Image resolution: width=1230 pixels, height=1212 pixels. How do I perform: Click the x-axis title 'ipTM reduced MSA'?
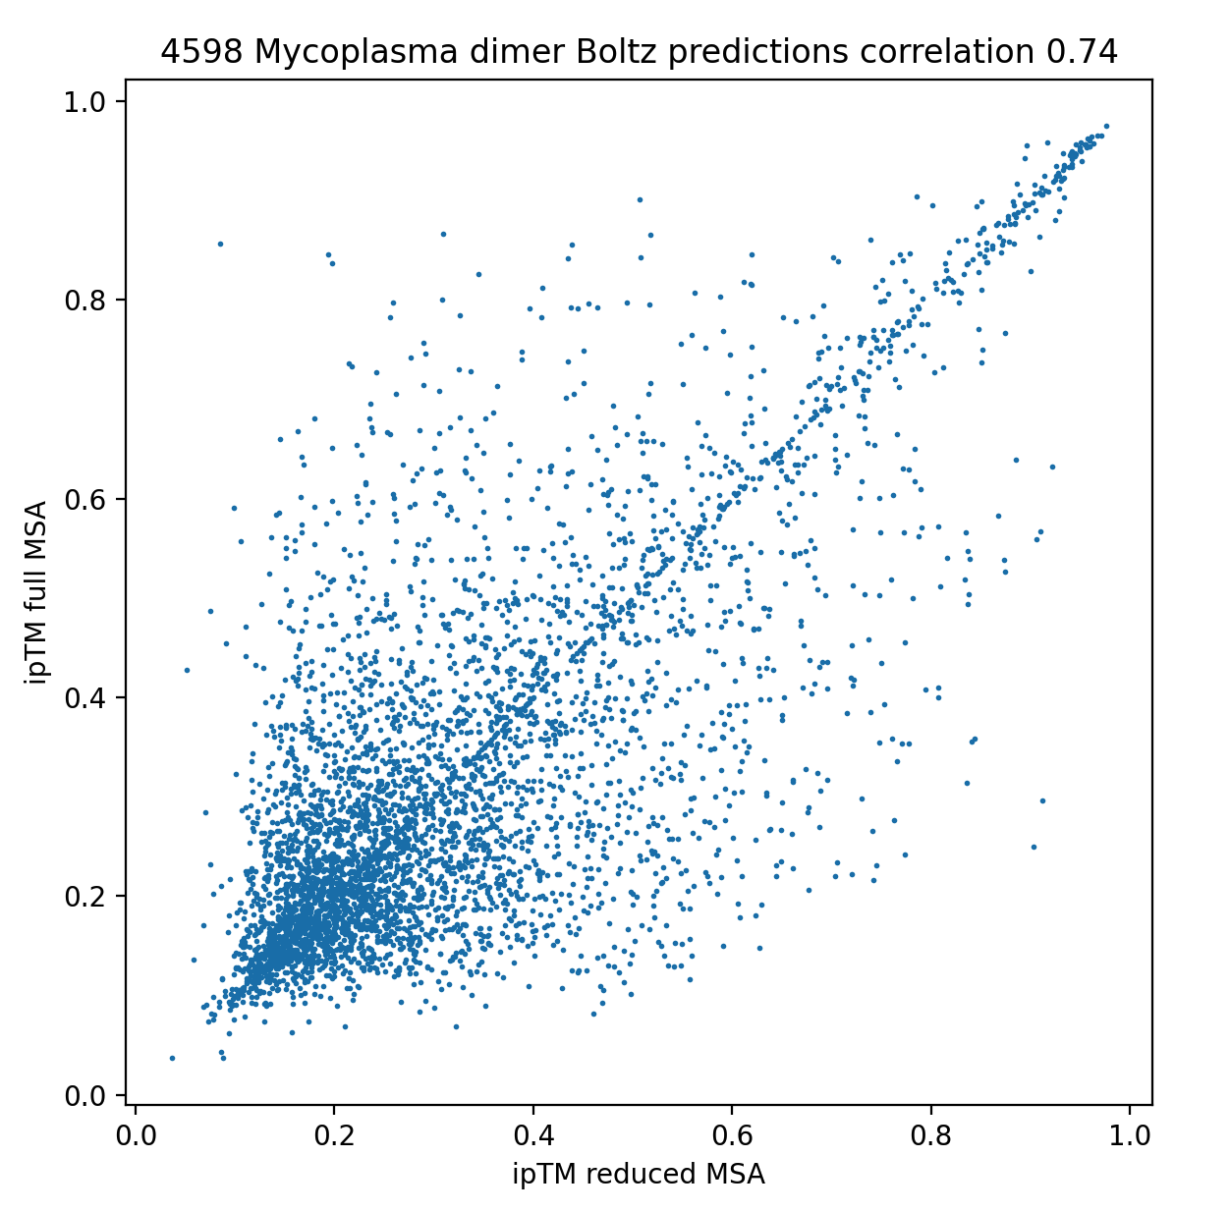pos(639,1174)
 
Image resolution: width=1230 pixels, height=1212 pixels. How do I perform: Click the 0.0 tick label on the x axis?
pos(136,1136)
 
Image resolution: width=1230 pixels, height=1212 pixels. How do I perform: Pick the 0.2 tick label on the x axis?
pos(334,1136)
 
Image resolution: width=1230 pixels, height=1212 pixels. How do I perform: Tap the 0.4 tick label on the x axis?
pos(533,1136)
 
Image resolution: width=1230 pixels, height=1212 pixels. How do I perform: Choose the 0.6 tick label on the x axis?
pos(732,1136)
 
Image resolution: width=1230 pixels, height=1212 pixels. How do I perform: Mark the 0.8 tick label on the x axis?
pos(930,1136)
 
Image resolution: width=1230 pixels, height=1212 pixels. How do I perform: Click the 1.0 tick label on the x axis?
pos(1130,1136)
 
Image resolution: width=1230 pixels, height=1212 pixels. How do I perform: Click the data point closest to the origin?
pos(173,1058)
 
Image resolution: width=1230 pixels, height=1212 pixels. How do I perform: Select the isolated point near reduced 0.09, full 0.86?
pos(220,244)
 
